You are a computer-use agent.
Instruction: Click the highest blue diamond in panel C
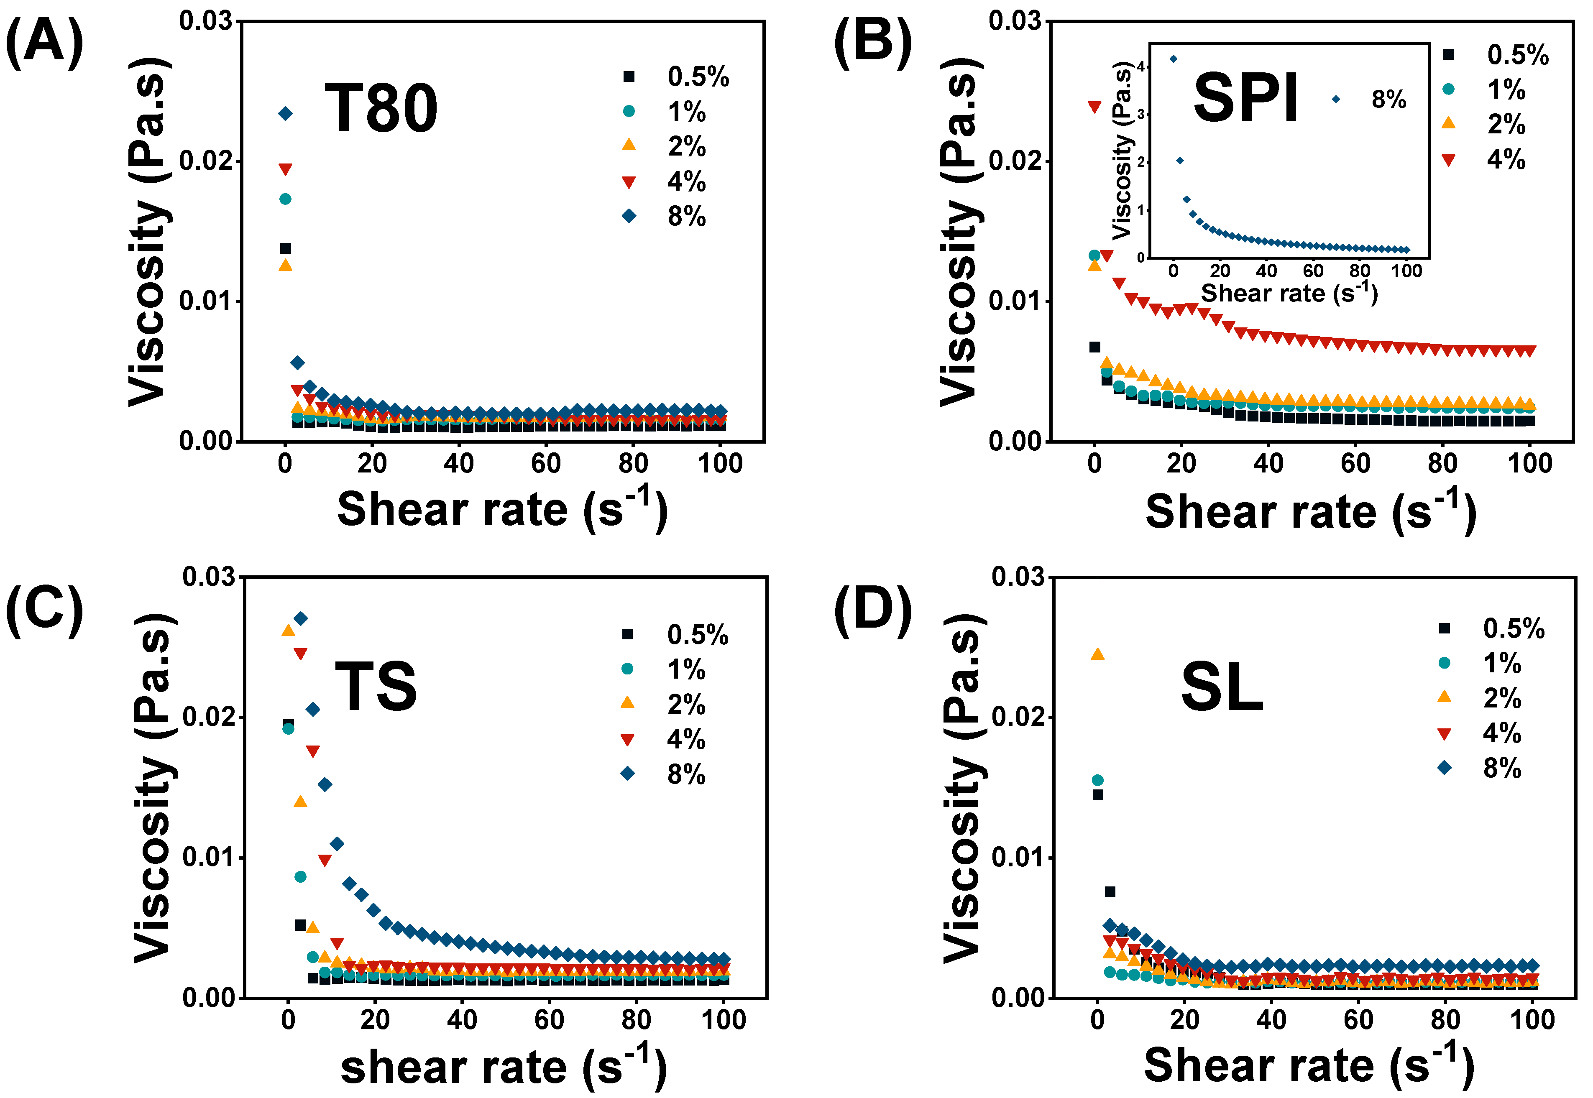301,618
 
